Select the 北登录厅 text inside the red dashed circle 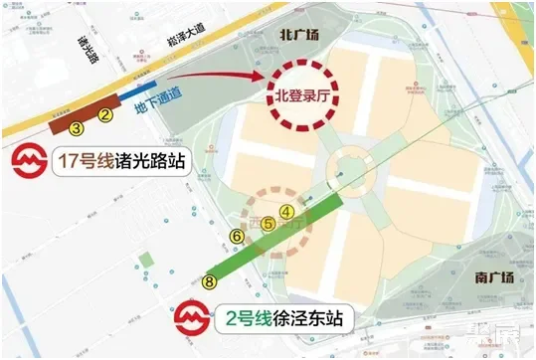(x=304, y=96)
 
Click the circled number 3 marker (x=78, y=127)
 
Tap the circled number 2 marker (x=103, y=114)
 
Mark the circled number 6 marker (x=236, y=236)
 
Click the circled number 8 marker (x=209, y=281)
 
